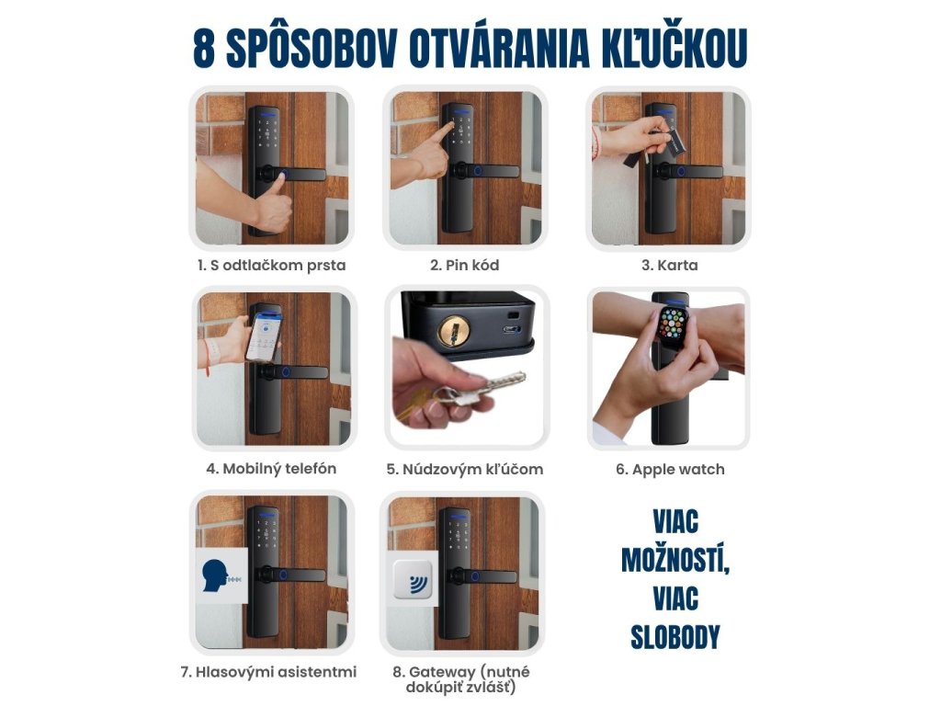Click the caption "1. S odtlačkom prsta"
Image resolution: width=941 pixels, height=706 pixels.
pyautogui.click(x=272, y=266)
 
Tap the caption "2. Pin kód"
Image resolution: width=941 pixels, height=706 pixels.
pyautogui.click(x=464, y=266)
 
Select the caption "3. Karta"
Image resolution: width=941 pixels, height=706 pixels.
pyautogui.click(x=670, y=266)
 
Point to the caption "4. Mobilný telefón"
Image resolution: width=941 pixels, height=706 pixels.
pyautogui.click(x=271, y=469)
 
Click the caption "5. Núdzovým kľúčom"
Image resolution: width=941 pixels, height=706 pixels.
pyautogui.click(x=464, y=470)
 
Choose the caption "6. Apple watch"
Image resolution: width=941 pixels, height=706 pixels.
pyautogui.click(x=670, y=470)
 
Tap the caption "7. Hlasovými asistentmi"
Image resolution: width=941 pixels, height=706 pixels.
pyautogui.click(x=268, y=672)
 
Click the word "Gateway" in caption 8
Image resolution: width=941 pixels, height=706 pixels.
pyautogui.click(x=442, y=672)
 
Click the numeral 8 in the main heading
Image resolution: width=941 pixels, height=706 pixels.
pyautogui.click(x=204, y=48)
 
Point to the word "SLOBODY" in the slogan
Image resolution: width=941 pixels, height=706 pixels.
pyautogui.click(x=675, y=638)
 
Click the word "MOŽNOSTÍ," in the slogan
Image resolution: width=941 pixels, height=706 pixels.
pyautogui.click(x=675, y=560)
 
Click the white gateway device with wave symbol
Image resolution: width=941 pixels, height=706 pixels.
pyautogui.click(x=413, y=580)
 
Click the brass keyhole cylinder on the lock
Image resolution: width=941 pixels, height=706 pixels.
pyautogui.click(x=454, y=331)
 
